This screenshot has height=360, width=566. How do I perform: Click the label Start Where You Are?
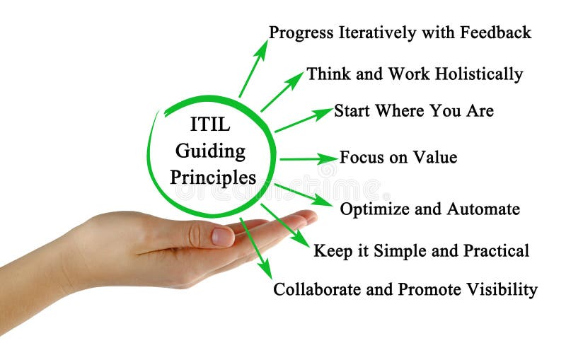click(413, 111)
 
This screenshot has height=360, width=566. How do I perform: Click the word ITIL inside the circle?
click(210, 125)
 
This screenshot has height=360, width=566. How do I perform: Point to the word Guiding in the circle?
click(210, 151)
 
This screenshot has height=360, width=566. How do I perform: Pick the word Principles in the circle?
click(213, 177)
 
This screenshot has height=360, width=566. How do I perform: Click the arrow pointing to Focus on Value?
click(307, 158)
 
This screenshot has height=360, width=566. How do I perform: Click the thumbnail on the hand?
click(222, 236)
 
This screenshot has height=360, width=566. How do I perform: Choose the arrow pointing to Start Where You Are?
click(303, 120)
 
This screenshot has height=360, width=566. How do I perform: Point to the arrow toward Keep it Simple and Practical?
click(285, 225)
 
